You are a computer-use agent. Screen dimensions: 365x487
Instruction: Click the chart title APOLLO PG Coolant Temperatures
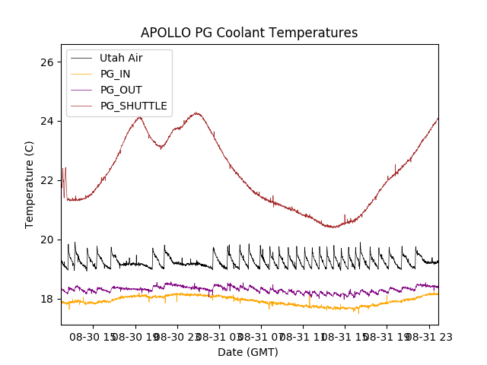pos(249,33)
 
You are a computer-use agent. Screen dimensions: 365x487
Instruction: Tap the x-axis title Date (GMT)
pos(248,352)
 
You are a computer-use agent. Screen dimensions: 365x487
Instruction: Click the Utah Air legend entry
pos(121,58)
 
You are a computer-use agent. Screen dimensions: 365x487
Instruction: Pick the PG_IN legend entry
pos(116,74)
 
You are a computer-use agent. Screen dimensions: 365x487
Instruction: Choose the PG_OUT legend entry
pos(121,90)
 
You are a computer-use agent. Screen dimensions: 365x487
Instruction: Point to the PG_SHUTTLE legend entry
pos(133,106)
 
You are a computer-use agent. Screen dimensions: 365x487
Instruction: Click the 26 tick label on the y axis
pos(46,62)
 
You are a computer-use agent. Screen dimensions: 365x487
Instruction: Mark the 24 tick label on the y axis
pos(46,122)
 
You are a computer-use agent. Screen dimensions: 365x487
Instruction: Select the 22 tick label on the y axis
pos(46,181)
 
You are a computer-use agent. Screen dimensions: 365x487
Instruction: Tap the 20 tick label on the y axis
pos(46,240)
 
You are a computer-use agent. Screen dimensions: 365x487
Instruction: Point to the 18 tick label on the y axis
pos(46,300)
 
